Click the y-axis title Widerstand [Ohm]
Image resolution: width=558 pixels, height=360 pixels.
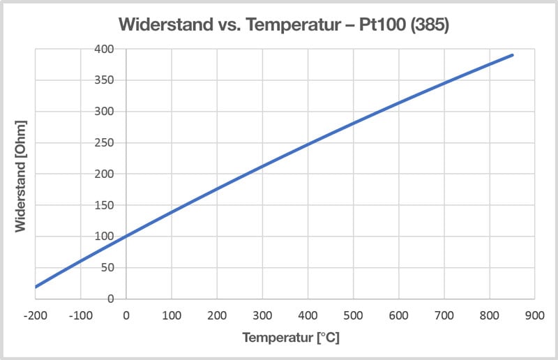coord(22,174)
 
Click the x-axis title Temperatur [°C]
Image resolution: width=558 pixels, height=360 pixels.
coord(290,338)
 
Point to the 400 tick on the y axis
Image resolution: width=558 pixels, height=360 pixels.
coord(105,49)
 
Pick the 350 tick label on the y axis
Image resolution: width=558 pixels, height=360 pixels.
coord(105,80)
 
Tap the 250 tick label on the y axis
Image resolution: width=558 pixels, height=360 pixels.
coord(105,142)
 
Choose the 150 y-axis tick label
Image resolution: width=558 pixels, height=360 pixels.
coord(105,205)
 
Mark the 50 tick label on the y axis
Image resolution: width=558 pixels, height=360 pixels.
coord(107,267)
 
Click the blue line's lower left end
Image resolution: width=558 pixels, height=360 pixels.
coord(36,286)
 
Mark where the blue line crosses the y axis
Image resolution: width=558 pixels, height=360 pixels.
coord(126,237)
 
